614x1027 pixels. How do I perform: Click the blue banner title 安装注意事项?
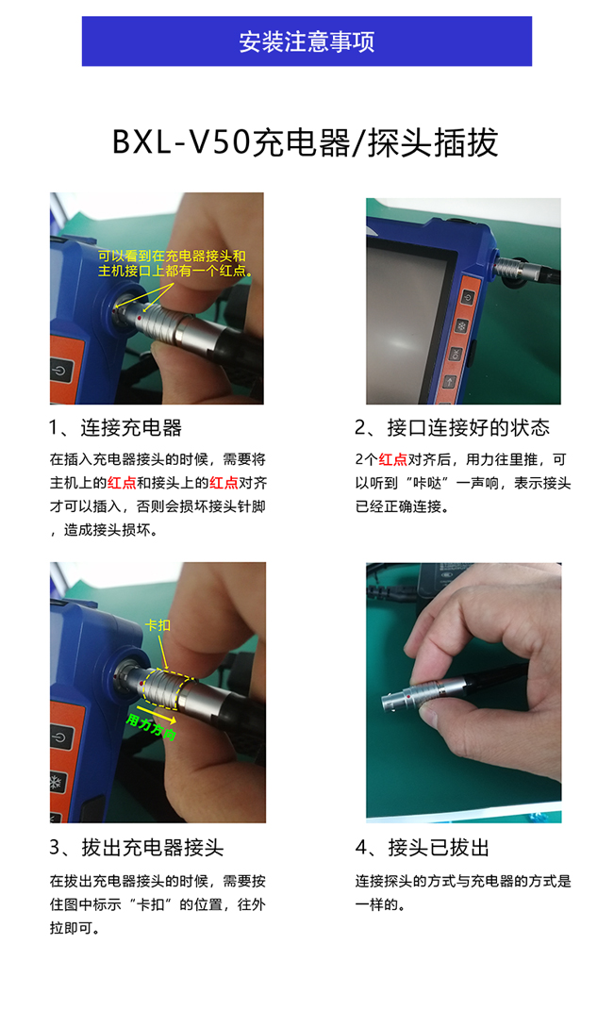[307, 41]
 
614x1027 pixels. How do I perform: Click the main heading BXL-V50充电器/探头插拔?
[306, 142]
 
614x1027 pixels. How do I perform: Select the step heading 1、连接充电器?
[115, 428]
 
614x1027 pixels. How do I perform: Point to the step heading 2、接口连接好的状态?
[452, 428]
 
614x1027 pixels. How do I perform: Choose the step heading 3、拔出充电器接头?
[137, 847]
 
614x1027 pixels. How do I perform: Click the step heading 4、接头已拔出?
[423, 847]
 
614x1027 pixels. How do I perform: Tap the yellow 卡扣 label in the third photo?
[158, 625]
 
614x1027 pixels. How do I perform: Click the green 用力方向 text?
[151, 727]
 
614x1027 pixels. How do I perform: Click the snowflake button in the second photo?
[462, 326]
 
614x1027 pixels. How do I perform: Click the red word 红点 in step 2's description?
[393, 460]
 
